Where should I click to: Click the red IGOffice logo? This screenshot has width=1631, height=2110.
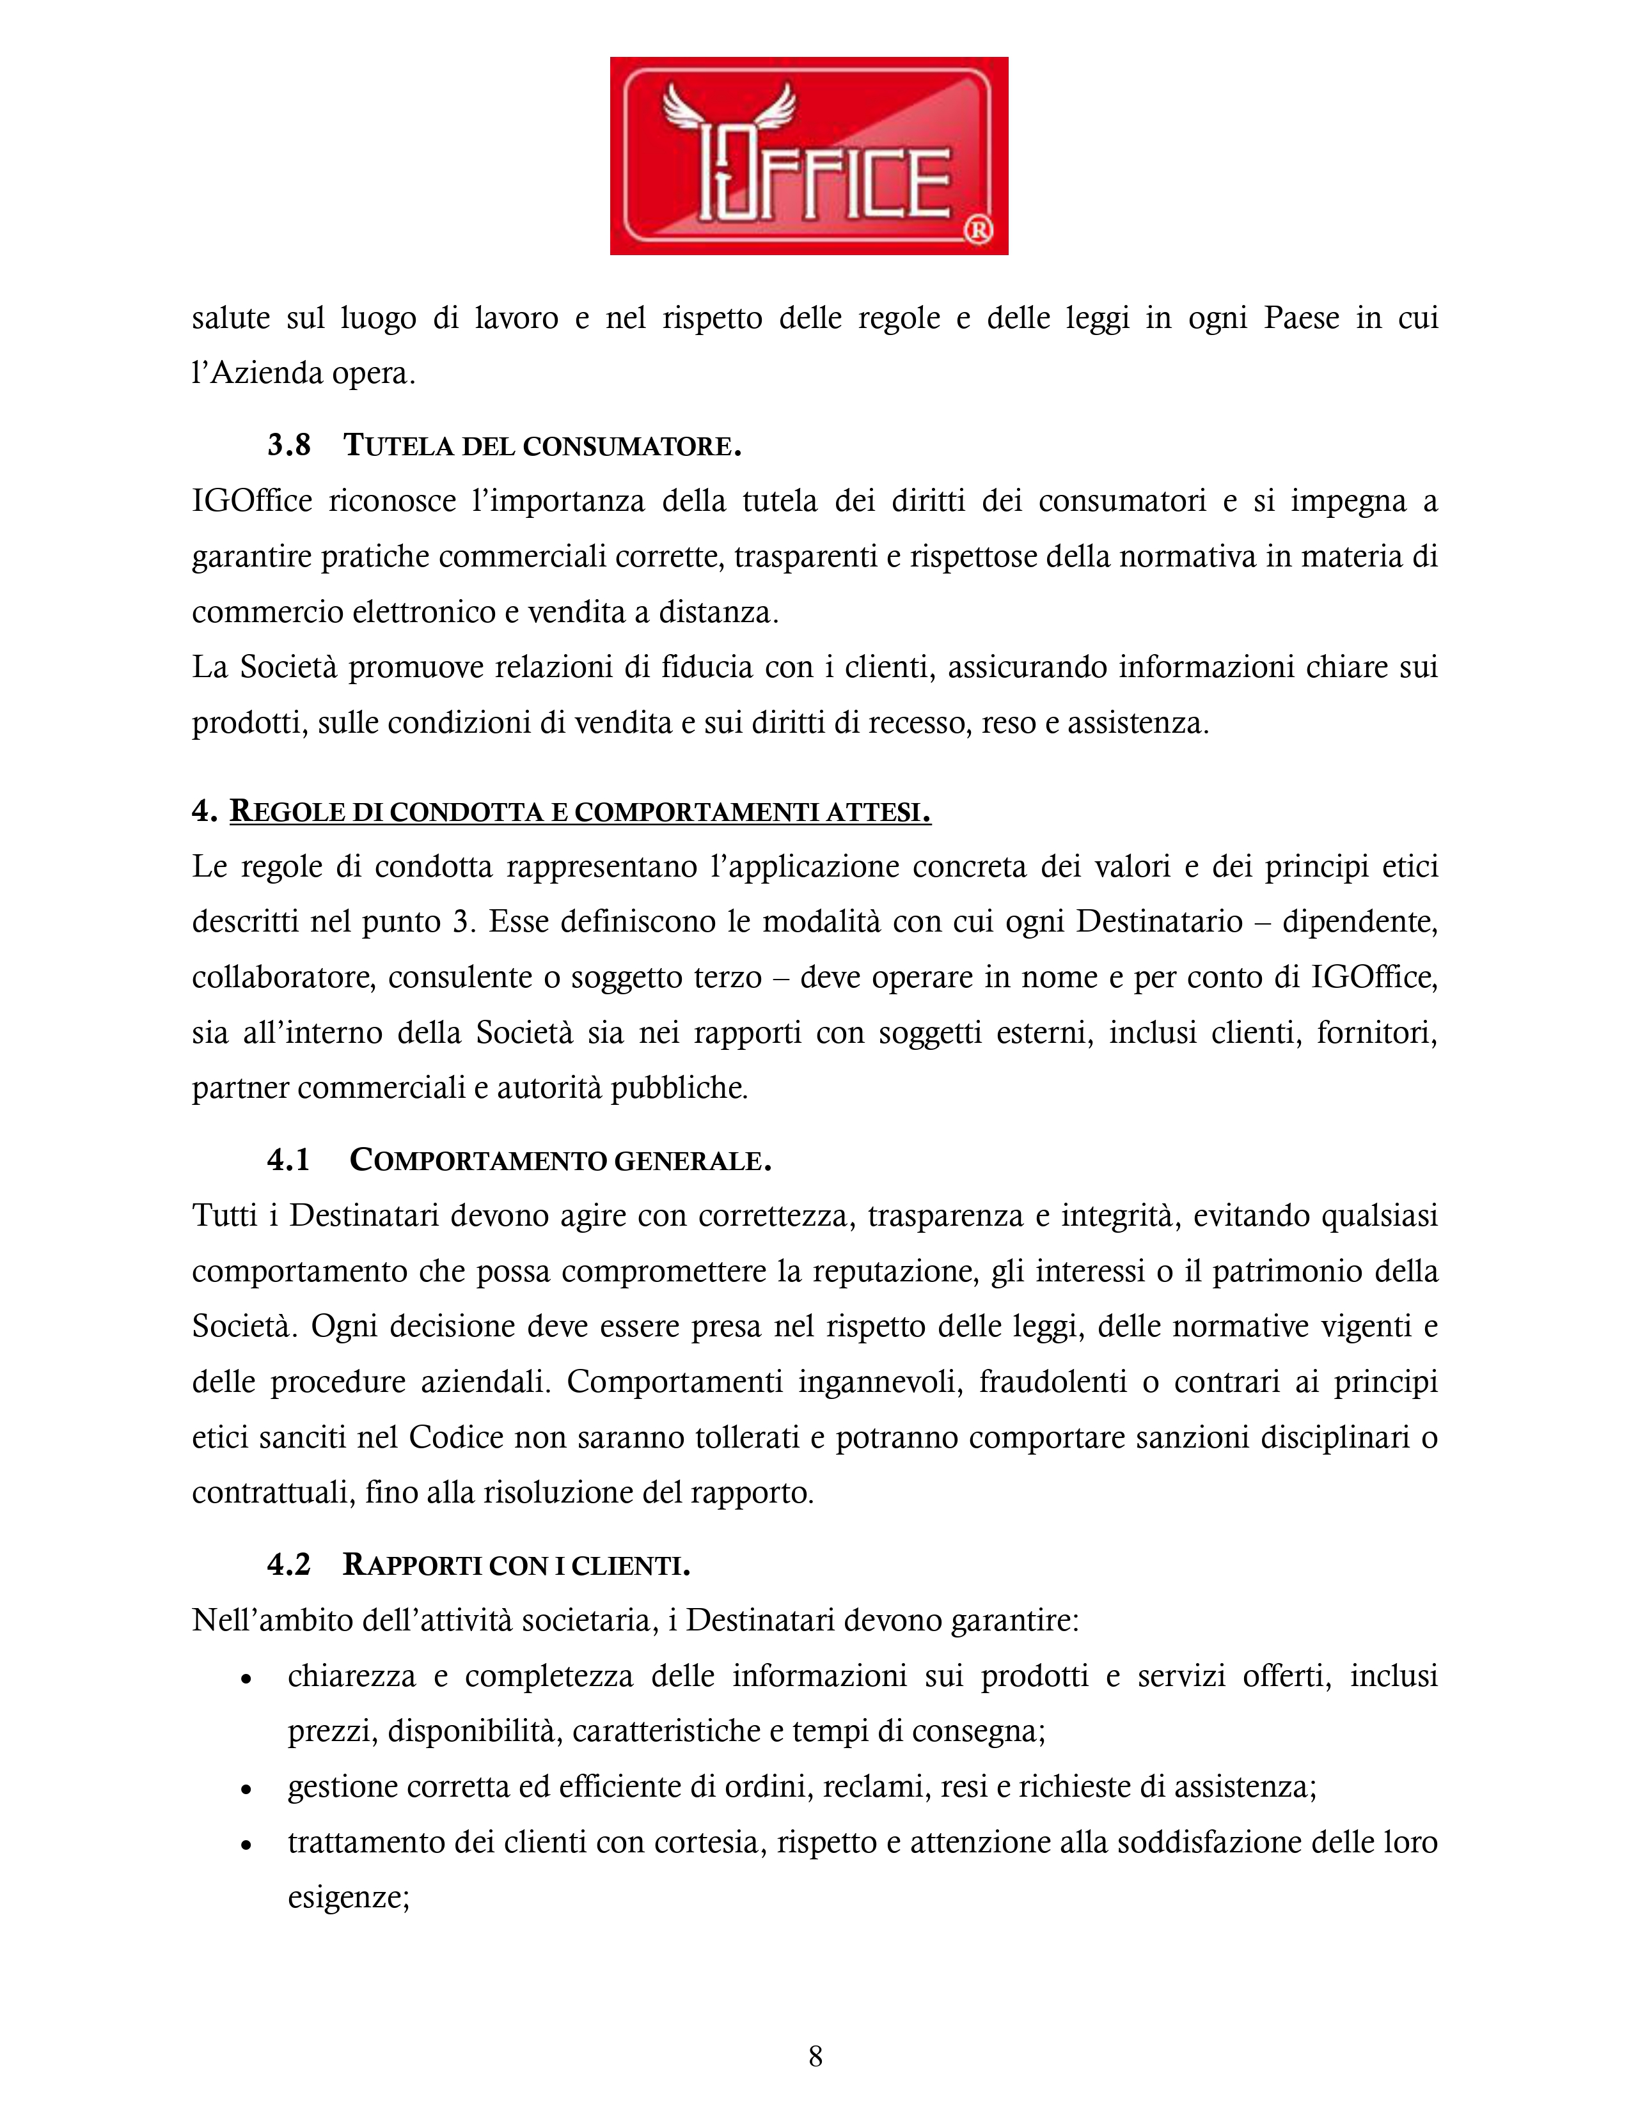click(808, 155)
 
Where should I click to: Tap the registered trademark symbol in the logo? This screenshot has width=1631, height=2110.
click(978, 230)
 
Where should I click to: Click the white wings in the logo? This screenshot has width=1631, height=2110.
click(730, 111)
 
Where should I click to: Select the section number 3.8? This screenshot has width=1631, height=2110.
click(289, 446)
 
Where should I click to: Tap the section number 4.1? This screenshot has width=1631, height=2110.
click(288, 1159)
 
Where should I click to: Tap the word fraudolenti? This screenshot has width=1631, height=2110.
click(1052, 1382)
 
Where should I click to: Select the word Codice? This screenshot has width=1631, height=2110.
click(456, 1437)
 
